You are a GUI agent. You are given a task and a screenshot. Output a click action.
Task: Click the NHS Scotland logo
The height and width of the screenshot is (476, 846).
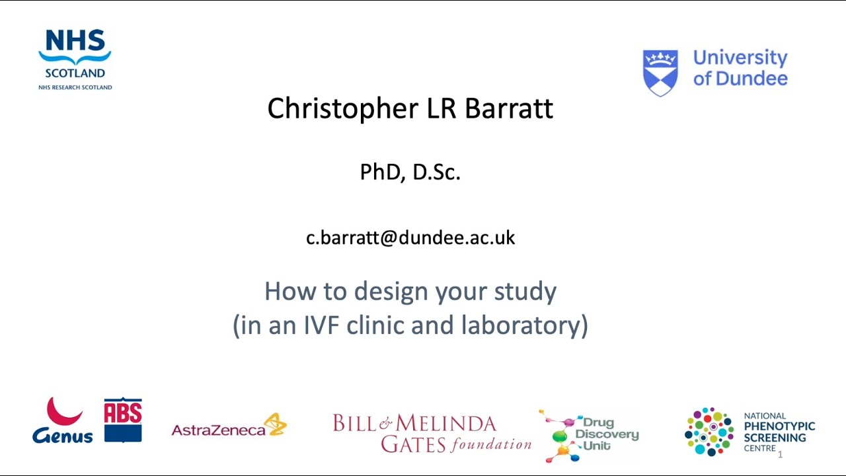(x=75, y=58)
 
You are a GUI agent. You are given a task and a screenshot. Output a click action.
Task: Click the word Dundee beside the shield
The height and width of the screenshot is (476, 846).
(x=751, y=79)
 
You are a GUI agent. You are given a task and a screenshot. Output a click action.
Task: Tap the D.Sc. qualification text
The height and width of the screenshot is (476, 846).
(x=436, y=172)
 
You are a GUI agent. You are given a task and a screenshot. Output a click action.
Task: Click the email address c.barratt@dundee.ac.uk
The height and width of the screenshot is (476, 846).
(x=410, y=238)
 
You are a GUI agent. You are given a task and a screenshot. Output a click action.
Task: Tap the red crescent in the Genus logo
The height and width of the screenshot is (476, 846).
(x=64, y=412)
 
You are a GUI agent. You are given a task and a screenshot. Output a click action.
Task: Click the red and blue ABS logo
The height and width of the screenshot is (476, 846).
(x=123, y=420)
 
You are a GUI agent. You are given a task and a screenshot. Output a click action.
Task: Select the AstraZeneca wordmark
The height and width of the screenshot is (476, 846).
(x=218, y=430)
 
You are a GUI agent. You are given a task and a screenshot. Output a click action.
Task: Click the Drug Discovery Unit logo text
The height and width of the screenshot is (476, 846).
(x=605, y=434)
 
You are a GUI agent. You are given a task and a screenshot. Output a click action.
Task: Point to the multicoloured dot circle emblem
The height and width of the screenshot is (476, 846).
(x=709, y=432)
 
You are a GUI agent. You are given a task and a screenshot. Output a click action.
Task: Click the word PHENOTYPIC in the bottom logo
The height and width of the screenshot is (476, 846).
(x=779, y=426)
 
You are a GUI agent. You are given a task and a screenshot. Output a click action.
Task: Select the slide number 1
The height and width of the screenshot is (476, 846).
(x=780, y=454)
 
